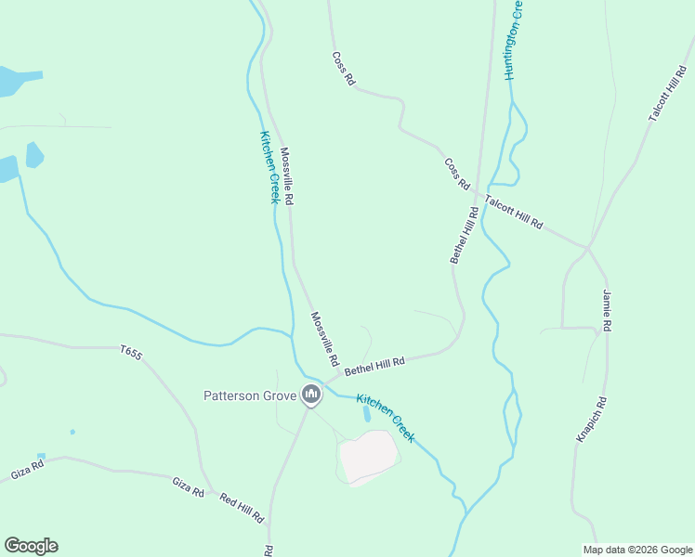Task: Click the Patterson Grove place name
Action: click(x=250, y=396)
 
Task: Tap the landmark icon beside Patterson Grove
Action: click(x=311, y=396)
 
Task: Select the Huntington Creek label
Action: click(x=512, y=40)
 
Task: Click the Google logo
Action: click(x=31, y=546)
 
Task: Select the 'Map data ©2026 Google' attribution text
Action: click(x=636, y=550)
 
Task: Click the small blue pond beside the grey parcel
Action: click(x=366, y=414)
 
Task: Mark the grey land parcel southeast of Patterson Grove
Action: click(x=369, y=456)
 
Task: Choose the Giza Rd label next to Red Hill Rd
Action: click(x=187, y=486)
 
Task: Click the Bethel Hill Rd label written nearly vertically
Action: click(x=465, y=235)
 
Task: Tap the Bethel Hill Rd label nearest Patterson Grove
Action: click(x=375, y=367)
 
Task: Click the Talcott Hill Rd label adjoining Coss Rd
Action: click(x=513, y=213)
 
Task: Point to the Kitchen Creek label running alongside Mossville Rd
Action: click(x=269, y=167)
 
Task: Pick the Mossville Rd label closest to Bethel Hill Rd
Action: click(x=324, y=338)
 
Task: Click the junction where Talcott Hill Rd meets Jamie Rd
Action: click(x=588, y=248)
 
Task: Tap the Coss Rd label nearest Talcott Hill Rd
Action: click(x=457, y=175)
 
